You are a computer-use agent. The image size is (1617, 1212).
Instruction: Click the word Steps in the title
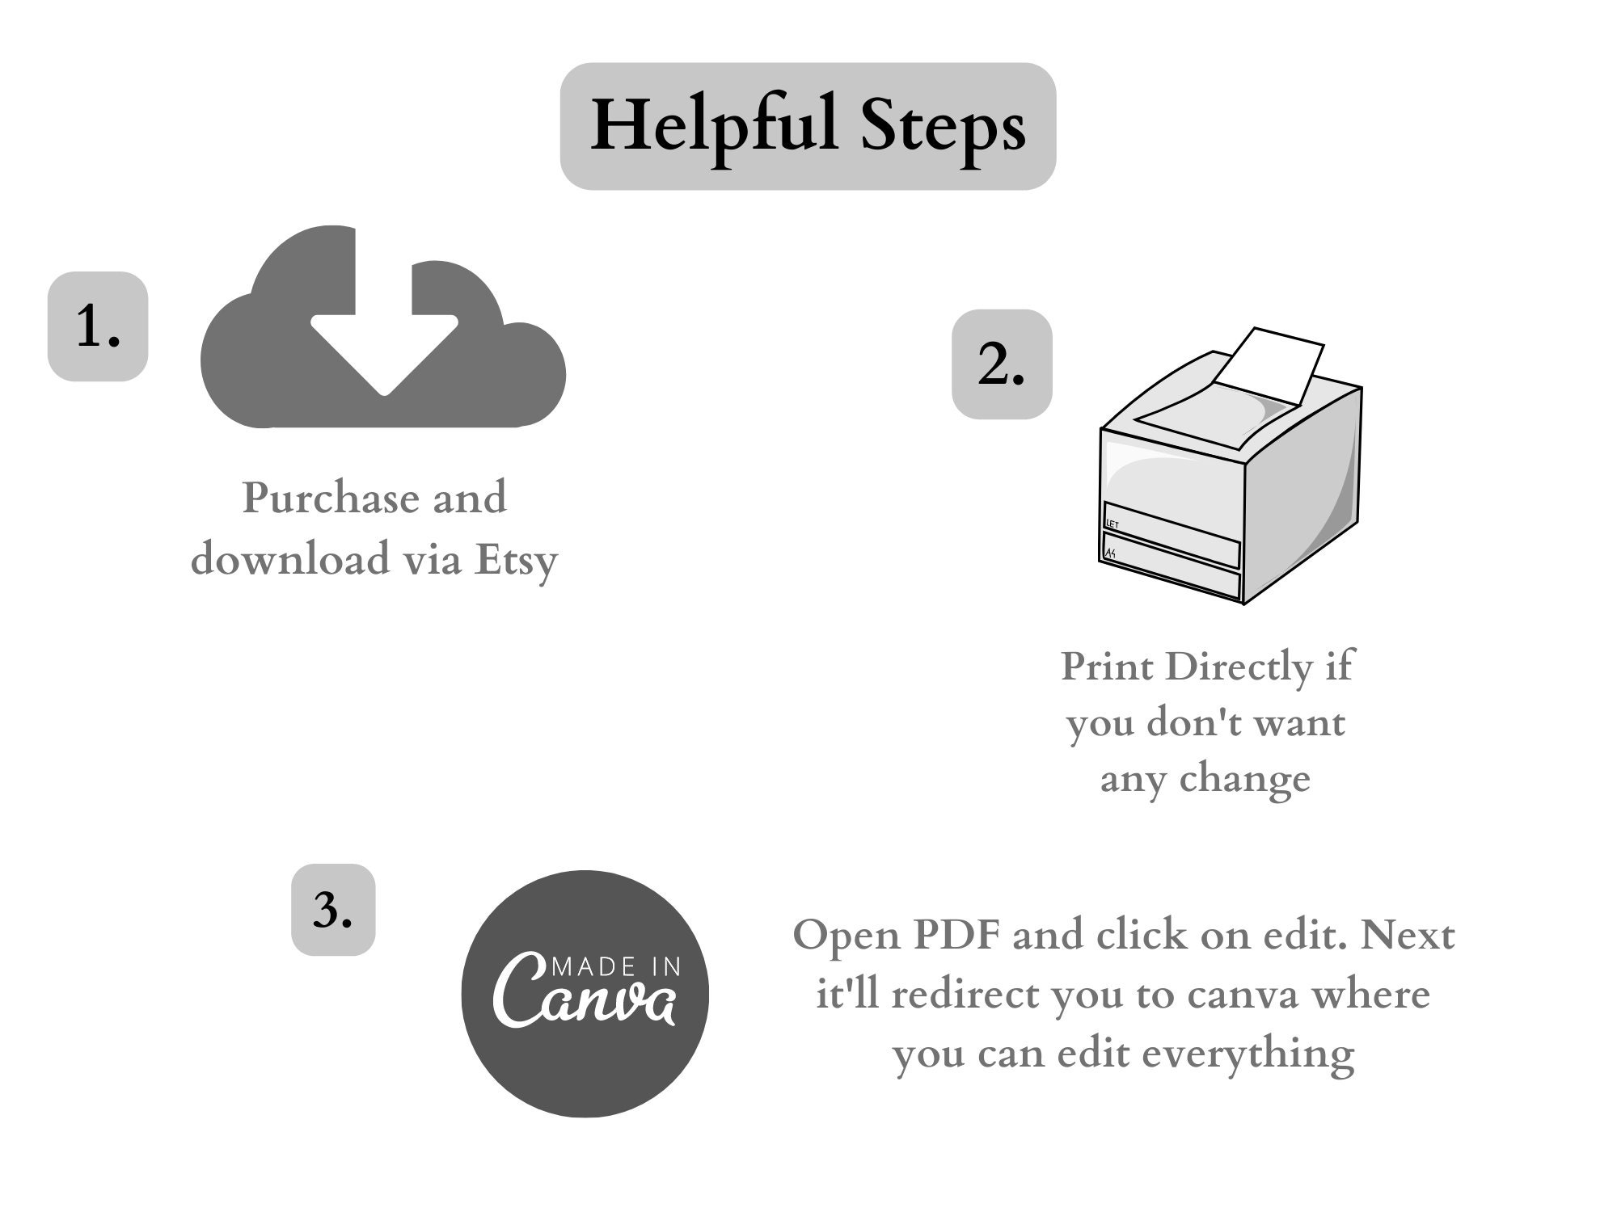tap(944, 128)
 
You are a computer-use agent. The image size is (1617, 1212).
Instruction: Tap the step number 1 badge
tap(98, 326)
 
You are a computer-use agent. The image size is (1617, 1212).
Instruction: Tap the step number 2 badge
tap(1002, 364)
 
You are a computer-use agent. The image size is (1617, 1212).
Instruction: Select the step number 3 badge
tap(333, 910)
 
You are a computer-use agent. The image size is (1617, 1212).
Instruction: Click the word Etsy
tap(516, 561)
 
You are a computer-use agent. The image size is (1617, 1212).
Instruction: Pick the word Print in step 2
tap(1107, 667)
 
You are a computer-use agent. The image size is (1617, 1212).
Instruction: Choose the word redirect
tap(965, 995)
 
